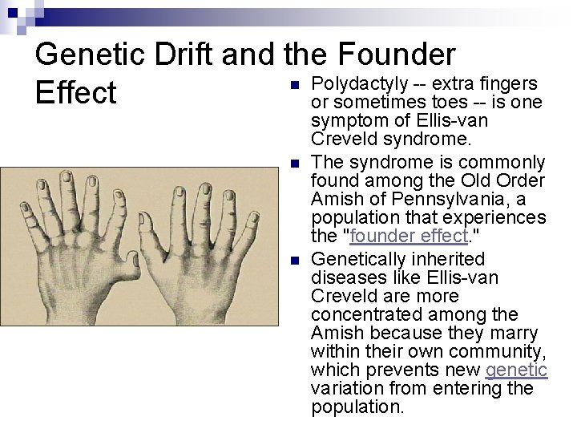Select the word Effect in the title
tap(76, 93)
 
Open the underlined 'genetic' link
tap(517, 370)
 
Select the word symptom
tap(346, 120)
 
